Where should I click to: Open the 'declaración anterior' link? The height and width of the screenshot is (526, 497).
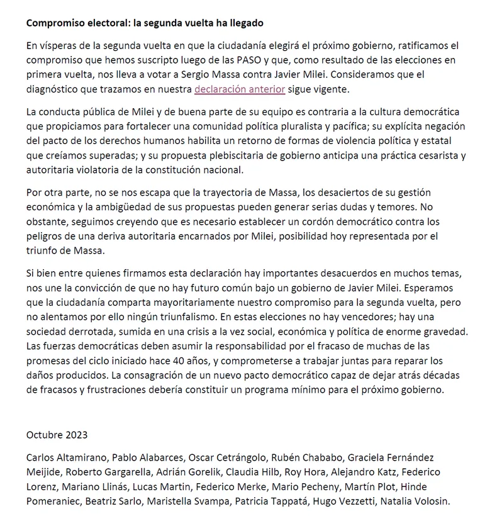tap(240, 89)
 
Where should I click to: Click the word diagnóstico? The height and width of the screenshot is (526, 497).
tap(55, 89)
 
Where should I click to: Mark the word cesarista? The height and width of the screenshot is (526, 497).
tap(416, 155)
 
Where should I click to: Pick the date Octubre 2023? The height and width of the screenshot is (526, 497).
tap(57, 434)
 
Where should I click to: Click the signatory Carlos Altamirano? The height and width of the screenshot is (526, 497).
tap(65, 457)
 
